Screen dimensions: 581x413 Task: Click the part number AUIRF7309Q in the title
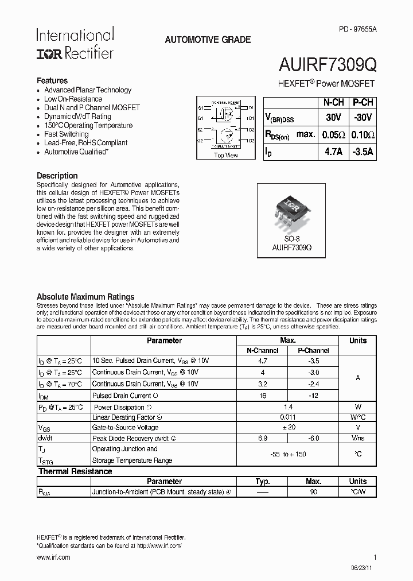point(328,65)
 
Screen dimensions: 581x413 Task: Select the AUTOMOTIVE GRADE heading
point(208,40)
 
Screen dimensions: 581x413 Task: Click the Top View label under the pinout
point(225,155)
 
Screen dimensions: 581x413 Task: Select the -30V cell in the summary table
point(363,118)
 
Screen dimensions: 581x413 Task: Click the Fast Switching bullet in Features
point(67,134)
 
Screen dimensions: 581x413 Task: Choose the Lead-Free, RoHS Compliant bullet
point(86,142)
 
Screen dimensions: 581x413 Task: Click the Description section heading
point(57,176)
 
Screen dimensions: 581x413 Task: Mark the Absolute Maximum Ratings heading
point(85,297)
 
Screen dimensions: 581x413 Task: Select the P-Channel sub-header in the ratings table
point(313,350)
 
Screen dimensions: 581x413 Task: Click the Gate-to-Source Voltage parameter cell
point(125,427)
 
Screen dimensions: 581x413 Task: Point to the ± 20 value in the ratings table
point(288,427)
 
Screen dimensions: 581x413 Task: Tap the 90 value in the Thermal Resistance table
point(313,492)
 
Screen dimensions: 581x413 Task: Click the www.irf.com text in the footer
point(53,557)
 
